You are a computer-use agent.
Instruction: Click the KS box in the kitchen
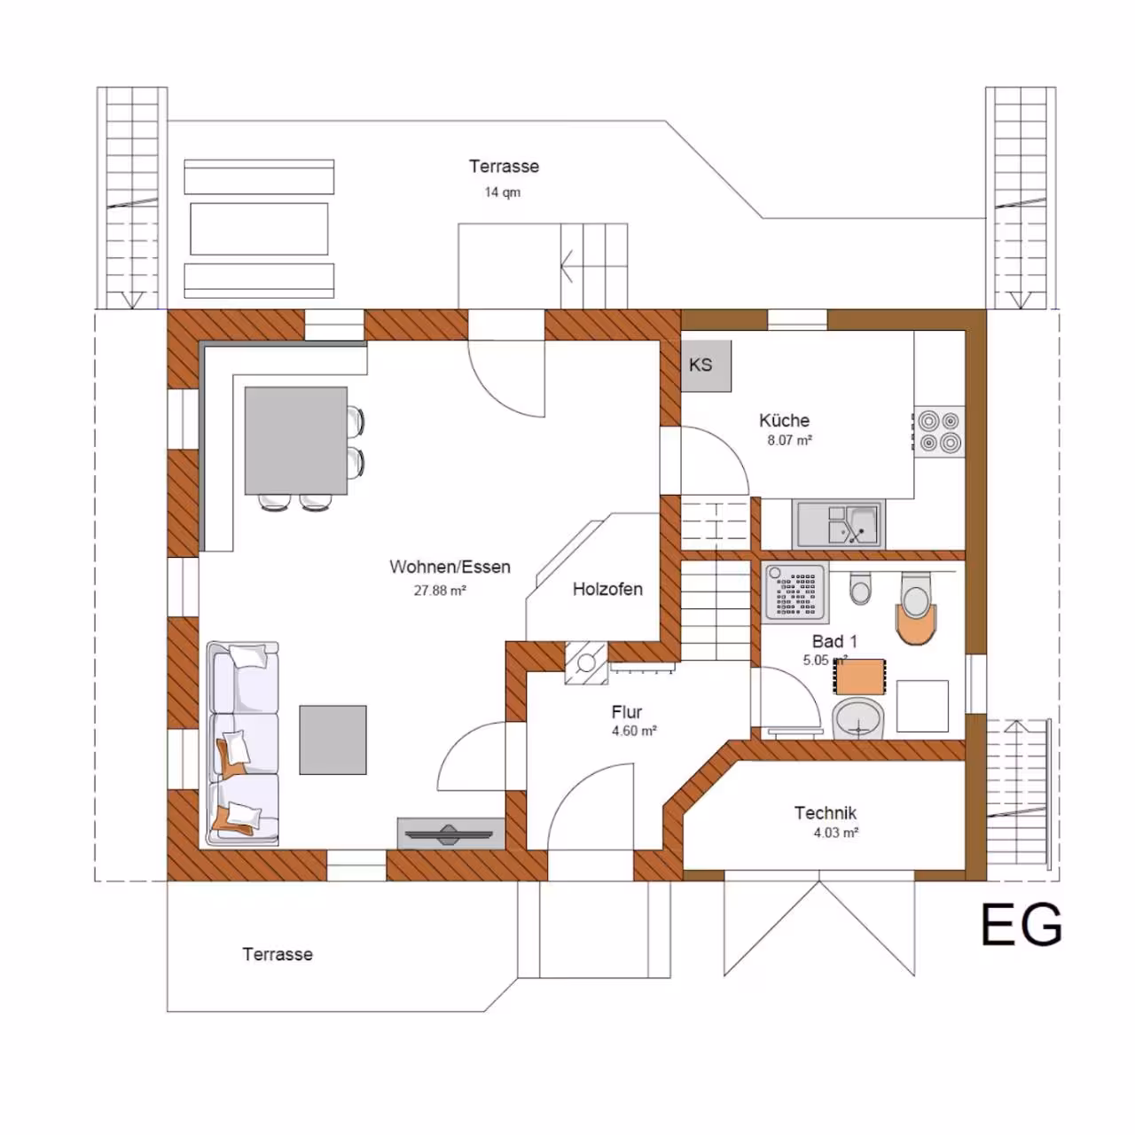[706, 365]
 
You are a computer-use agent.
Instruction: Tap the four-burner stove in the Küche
[939, 432]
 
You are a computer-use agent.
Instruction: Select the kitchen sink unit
[838, 524]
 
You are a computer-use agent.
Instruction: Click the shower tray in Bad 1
[795, 592]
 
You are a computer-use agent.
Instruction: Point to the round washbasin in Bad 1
[858, 718]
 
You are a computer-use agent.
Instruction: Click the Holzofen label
[607, 589]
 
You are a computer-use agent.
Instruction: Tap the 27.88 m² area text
[440, 591]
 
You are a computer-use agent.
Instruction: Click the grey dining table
[295, 441]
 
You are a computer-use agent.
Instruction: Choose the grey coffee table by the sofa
[333, 740]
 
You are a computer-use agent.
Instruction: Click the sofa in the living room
[243, 743]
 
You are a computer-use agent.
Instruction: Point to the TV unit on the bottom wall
[450, 834]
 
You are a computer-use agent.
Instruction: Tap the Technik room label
[826, 813]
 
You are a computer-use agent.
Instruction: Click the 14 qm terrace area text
[503, 192]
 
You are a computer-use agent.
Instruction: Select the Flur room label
[626, 713]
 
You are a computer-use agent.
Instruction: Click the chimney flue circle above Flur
[586, 663]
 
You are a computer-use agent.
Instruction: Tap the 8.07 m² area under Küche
[789, 440]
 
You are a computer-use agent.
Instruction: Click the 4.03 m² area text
[836, 833]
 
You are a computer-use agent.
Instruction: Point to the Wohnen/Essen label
[450, 567]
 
